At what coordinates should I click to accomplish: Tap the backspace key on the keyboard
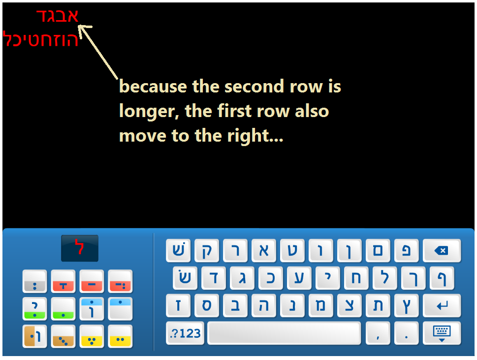442,250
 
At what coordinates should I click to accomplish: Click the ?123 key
185,333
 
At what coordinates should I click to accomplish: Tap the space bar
284,333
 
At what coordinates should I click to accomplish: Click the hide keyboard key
442,333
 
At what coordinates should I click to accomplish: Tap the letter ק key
207,250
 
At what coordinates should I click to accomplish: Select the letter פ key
407,250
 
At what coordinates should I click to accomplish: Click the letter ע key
299,278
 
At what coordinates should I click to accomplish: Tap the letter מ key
320,305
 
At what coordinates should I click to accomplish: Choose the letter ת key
378,305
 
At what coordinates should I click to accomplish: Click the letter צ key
349,305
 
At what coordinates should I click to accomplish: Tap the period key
407,333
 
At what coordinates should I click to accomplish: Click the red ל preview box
80,248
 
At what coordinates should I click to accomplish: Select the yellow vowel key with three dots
92,336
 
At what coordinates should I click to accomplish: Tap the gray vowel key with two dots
34,281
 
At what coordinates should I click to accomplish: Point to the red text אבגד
58,15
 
